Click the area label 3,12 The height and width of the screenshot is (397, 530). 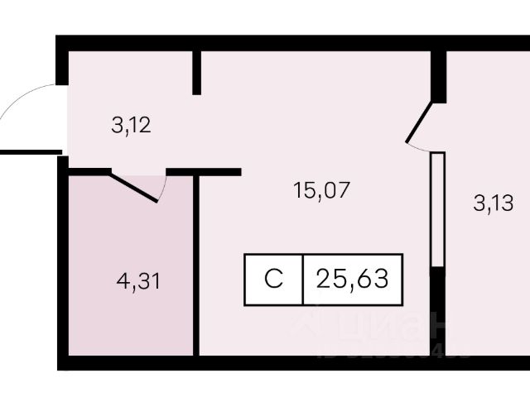(132, 127)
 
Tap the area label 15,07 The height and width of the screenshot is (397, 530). (322, 190)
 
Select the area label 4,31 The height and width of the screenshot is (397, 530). (138, 281)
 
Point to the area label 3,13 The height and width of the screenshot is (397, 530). (494, 203)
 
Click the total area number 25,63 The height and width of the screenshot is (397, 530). (353, 279)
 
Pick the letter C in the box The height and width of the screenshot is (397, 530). (273, 279)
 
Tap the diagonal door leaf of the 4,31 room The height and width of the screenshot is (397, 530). (134, 187)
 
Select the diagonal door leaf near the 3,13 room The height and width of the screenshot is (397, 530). (418, 123)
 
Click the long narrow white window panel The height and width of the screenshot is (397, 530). (438, 208)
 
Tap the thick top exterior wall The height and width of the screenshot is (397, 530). (290, 43)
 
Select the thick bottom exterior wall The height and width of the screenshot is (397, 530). (290, 362)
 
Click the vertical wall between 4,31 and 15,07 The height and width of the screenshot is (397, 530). (196, 265)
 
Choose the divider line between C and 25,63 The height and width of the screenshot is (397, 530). (303, 279)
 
